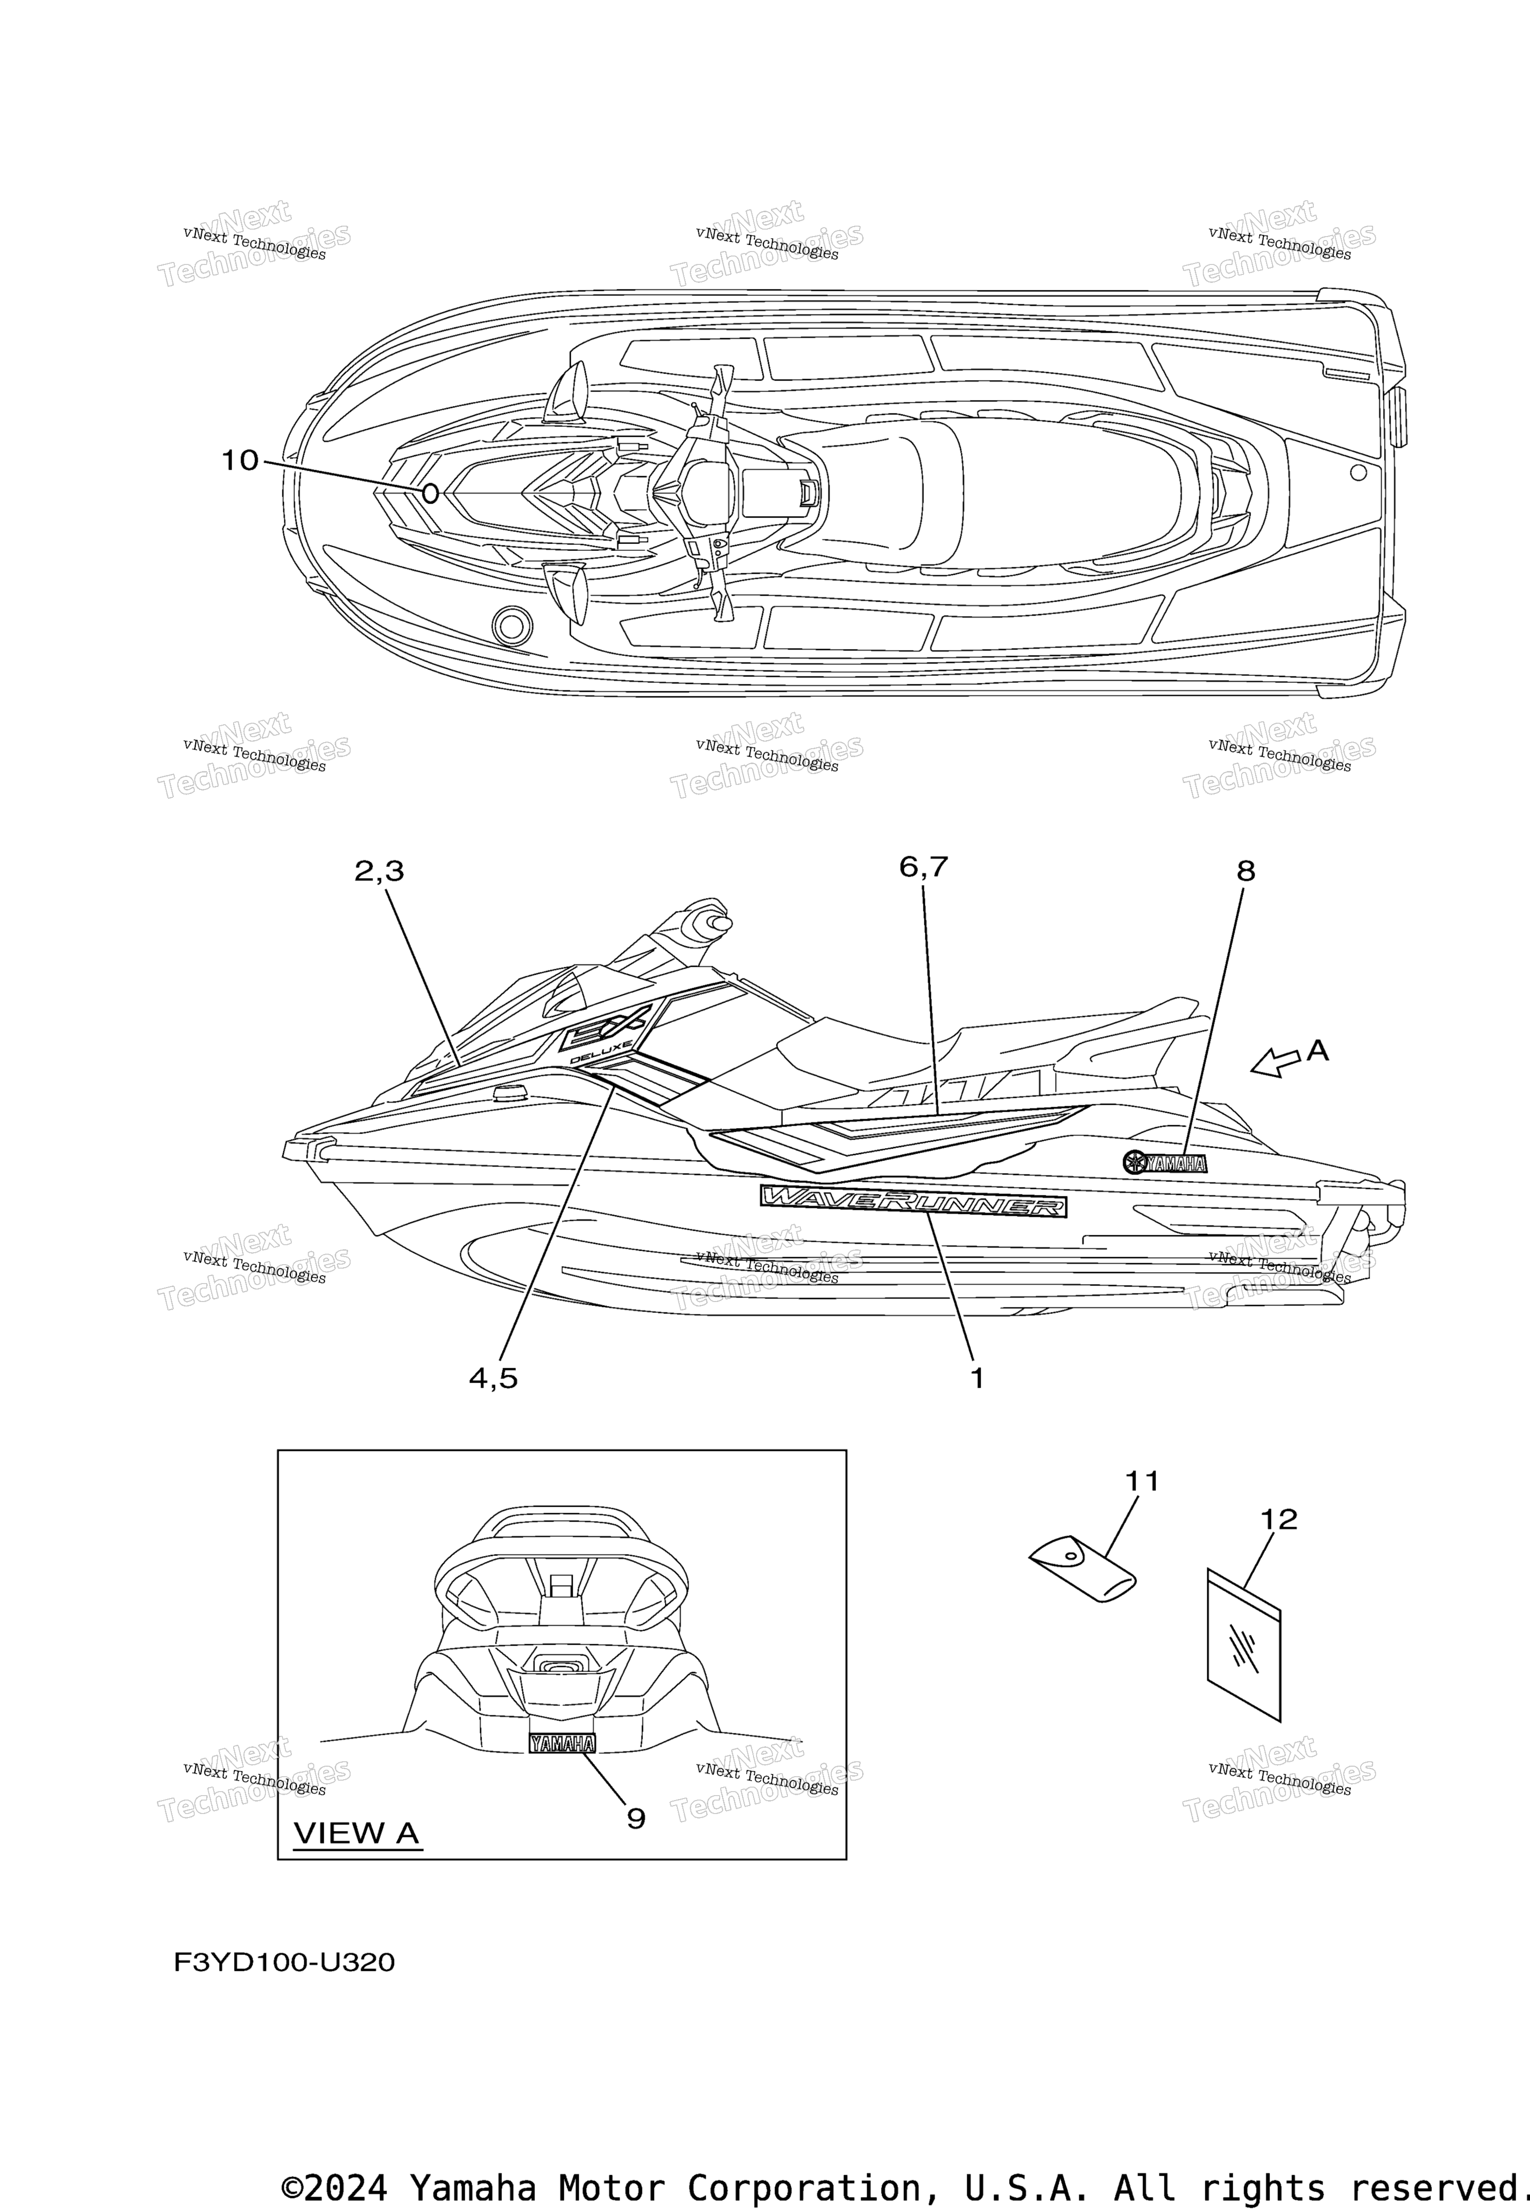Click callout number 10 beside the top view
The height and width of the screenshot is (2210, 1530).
(241, 461)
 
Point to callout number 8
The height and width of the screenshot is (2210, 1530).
(1245, 871)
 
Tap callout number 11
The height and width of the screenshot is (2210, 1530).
(1142, 1481)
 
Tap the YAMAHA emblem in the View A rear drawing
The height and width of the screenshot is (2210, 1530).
(562, 1743)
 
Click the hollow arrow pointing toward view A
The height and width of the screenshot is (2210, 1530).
(1276, 1061)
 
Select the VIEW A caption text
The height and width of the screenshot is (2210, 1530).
(357, 1833)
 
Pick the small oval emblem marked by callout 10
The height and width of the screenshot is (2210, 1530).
(430, 494)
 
